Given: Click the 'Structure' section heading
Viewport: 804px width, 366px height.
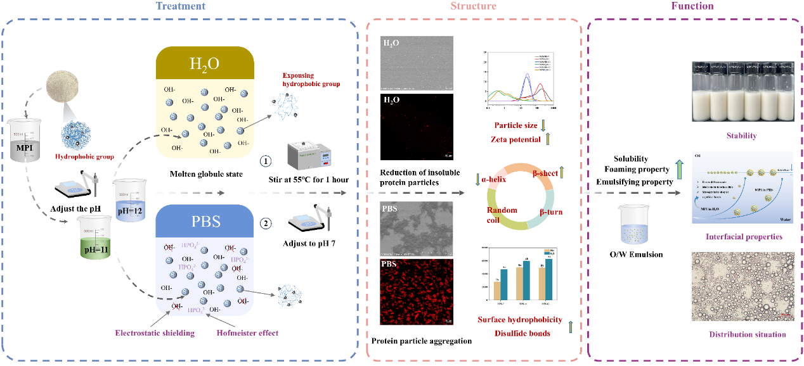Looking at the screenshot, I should click(x=473, y=6).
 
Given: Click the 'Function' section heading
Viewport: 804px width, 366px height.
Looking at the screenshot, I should click(x=692, y=6).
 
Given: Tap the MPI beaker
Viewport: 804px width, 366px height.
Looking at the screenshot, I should click(x=25, y=139).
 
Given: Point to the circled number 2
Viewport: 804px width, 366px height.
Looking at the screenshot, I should click(x=266, y=223).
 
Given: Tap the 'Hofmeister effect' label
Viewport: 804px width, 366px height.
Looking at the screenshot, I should click(x=247, y=333).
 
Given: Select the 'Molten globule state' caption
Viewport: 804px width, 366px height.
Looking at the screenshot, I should click(x=206, y=174).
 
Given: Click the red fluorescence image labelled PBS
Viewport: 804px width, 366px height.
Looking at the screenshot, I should click(x=417, y=292).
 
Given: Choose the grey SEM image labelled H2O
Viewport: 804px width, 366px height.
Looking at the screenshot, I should click(x=417, y=63).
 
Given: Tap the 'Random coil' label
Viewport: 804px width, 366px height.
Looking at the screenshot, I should click(x=501, y=215).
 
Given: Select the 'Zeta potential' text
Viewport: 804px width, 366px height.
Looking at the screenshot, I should click(x=515, y=139).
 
